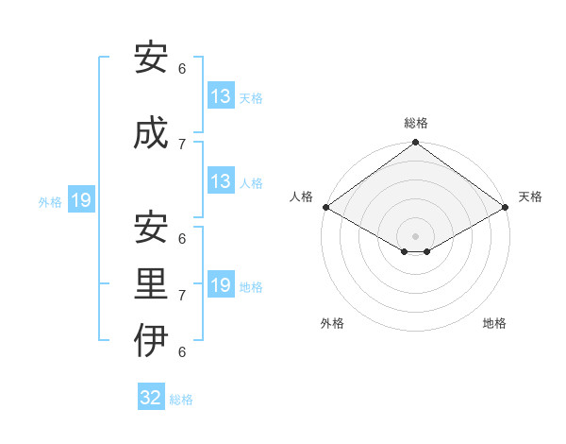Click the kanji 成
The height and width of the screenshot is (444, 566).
tap(151, 133)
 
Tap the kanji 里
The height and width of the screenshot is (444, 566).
tap(151, 284)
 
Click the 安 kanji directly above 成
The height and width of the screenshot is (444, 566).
tap(151, 58)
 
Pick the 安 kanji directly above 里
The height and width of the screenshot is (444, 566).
tap(151, 228)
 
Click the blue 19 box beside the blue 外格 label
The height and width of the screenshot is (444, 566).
tap(80, 200)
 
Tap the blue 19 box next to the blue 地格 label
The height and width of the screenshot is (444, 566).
tap(220, 285)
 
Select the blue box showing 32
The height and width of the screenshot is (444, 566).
tap(151, 398)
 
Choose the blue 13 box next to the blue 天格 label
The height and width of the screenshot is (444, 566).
tap(220, 96)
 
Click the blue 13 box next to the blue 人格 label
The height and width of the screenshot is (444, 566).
tap(220, 181)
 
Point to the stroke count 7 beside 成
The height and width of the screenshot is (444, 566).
tap(182, 144)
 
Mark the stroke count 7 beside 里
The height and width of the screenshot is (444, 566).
tap(182, 295)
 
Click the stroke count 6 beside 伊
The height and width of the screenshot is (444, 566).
tap(182, 351)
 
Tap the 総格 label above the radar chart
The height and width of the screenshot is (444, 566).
tap(416, 123)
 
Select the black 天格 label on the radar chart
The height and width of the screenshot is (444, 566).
tap(530, 196)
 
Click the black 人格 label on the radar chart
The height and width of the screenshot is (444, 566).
tap(301, 196)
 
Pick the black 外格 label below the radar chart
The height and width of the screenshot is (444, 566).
tap(332, 323)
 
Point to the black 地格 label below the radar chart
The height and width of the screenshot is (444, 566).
tap(494, 323)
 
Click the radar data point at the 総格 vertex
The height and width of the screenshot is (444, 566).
tap(415, 144)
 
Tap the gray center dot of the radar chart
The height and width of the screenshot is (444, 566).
tap(415, 235)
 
